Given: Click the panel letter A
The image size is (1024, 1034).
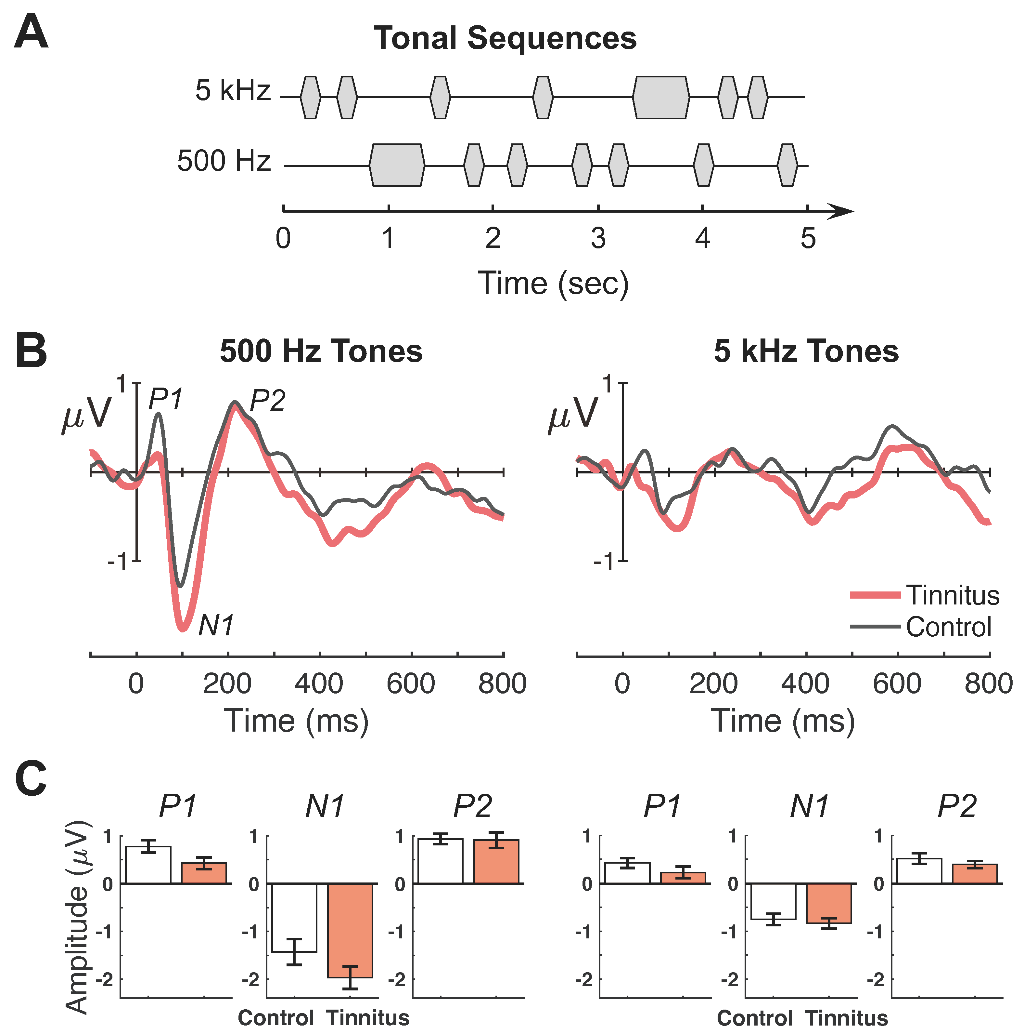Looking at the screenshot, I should (31, 33).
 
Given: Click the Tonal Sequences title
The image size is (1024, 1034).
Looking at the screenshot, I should (505, 39).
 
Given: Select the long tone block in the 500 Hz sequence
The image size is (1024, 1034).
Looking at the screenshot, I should (397, 166).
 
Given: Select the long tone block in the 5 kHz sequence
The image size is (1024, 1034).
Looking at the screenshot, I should (661, 98).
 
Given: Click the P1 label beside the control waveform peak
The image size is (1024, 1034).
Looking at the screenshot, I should (165, 399).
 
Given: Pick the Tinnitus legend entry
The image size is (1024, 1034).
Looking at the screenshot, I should (952, 595).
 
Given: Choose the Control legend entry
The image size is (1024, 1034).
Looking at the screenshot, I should (948, 627).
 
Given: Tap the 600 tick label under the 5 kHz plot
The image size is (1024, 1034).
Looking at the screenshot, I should (897, 683).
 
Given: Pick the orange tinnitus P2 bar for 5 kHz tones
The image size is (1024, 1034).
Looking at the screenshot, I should (974, 874).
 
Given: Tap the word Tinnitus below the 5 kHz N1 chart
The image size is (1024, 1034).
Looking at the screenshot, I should (847, 1017).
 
